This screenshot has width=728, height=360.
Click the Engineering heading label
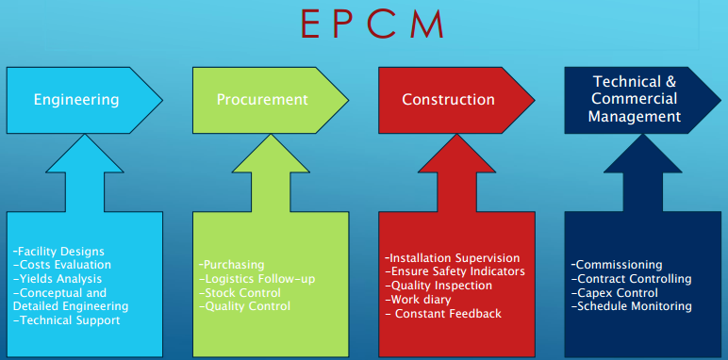coord(76,99)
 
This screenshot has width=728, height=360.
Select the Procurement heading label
coord(262,99)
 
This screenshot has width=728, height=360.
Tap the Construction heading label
coord(448,99)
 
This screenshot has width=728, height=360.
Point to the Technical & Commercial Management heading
coord(635,99)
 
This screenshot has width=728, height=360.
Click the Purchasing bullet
coord(232,265)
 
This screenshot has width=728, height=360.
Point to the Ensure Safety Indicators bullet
coord(455,271)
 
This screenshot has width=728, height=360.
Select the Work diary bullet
coord(419,299)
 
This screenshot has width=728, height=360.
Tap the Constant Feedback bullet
coord(446,313)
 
